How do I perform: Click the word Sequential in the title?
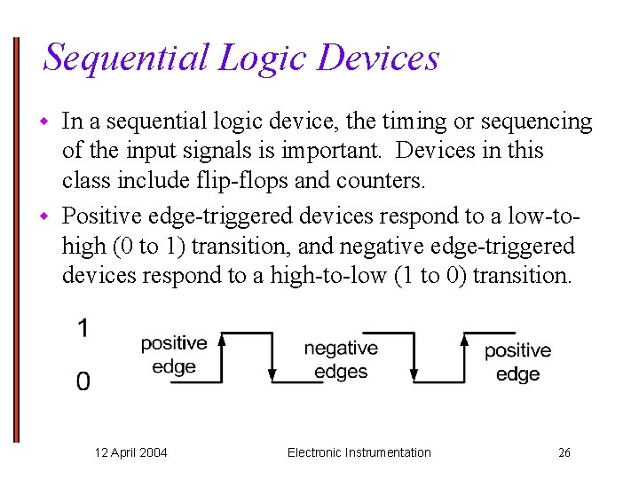tap(125, 58)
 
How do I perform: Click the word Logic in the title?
tap(262, 59)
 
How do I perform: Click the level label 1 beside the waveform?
tap(83, 329)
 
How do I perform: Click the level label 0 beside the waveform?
tap(83, 381)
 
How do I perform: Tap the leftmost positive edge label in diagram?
tap(174, 354)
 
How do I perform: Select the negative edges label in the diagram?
tap(341, 359)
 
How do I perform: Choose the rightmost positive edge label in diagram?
tap(517, 362)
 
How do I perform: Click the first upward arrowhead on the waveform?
tap(222, 338)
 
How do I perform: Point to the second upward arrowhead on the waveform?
tap(465, 338)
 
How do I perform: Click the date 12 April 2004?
tap(131, 452)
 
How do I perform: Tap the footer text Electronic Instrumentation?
tap(359, 452)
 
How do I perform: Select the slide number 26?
tap(564, 452)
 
